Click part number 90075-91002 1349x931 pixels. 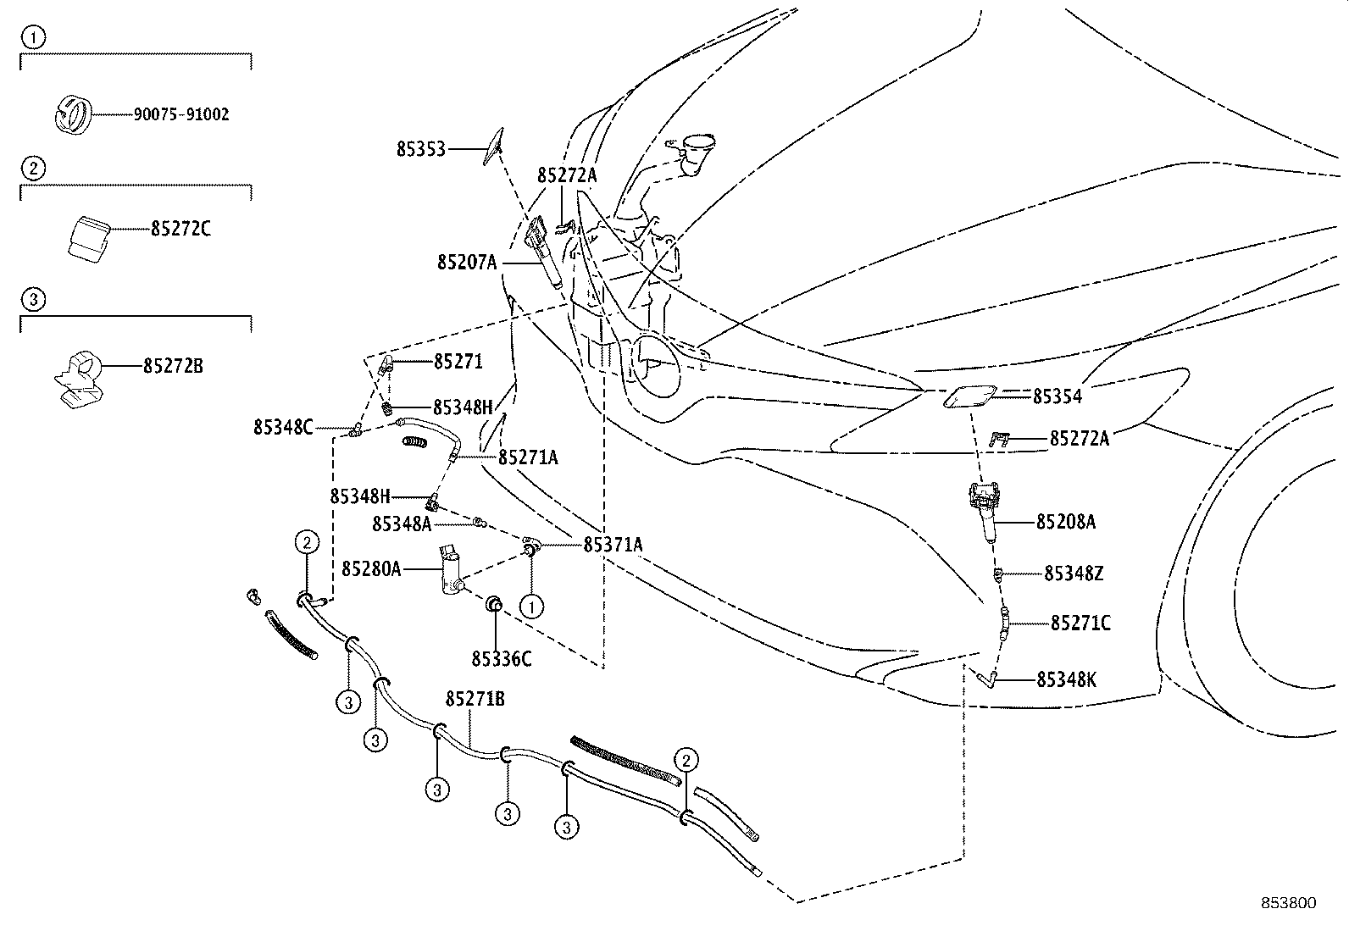tap(180, 114)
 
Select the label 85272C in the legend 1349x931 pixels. tap(180, 229)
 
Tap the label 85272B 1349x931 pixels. tap(173, 366)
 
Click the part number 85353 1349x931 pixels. tap(420, 149)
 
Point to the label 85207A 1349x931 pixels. tap(467, 263)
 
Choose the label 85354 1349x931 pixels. tap(1057, 396)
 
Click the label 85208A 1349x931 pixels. tap(1065, 522)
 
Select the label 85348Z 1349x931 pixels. tap(1073, 574)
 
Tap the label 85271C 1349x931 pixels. tap(1080, 623)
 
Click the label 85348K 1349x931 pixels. tap(1066, 679)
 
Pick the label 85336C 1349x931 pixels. tap(502, 658)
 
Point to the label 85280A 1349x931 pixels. tap(371, 568)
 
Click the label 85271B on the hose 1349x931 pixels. tap(475, 699)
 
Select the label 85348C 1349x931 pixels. tap(282, 428)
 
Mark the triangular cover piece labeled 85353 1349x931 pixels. tap(492, 144)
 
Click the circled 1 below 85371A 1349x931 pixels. tap(530, 607)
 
